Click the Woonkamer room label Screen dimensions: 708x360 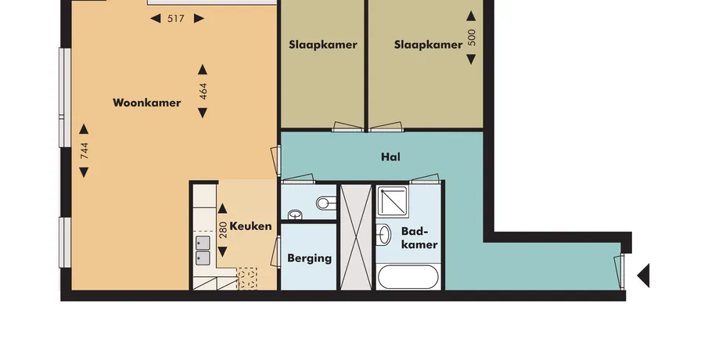coord(147,103)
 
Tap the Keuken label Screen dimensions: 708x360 coord(250,226)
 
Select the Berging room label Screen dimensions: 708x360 coord(309,258)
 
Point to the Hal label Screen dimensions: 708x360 coord(390,157)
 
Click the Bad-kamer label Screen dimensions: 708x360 coord(419,238)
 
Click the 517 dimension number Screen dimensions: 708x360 coord(176,19)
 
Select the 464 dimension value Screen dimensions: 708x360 coord(203,92)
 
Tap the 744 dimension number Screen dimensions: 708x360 coord(84,150)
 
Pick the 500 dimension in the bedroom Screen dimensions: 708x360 coord(472,38)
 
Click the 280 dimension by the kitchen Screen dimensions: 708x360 coord(223,230)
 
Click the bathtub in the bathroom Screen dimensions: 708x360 coord(408,277)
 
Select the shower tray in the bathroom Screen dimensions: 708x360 coord(393,201)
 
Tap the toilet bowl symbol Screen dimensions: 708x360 coord(326,203)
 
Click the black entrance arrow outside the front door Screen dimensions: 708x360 coord(643,275)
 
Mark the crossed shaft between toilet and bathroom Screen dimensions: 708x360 coord(356,236)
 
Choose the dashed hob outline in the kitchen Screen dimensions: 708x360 coord(247,279)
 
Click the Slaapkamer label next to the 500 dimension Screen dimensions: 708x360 coord(428,45)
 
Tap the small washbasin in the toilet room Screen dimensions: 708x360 coord(295,214)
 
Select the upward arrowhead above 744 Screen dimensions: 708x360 coord(84,129)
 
